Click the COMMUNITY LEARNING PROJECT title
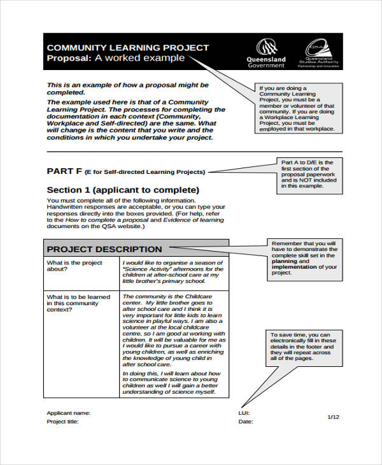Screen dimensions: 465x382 [128, 48]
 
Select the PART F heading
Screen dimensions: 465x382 [64, 171]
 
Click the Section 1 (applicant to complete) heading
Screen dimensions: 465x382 [123, 190]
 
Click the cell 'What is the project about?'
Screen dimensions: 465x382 [74, 266]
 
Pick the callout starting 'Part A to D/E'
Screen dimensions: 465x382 [308, 174]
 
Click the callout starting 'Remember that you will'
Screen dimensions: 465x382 [303, 258]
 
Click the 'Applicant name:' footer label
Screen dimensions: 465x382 [69, 413]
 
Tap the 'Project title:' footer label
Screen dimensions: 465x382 [62, 422]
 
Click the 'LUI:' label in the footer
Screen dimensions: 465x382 [244, 413]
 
